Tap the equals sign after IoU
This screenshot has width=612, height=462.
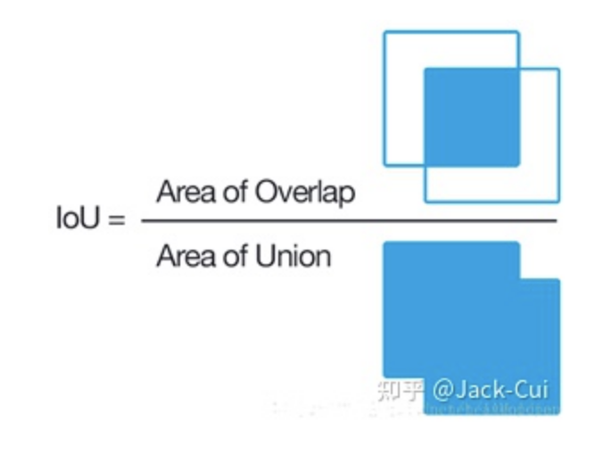(x=116, y=219)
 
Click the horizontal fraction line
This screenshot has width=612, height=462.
(x=348, y=220)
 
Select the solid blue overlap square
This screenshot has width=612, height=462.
(x=471, y=117)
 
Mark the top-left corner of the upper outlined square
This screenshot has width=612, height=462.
(x=385, y=32)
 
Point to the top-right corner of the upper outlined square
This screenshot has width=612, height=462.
(x=518, y=32)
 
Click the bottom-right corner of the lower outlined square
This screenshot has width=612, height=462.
(x=558, y=202)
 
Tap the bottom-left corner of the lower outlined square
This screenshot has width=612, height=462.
(x=425, y=202)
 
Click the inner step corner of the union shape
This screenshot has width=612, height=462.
(x=520, y=279)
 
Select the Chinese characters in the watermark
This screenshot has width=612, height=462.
(x=399, y=391)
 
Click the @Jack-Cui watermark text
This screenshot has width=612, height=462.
(x=491, y=391)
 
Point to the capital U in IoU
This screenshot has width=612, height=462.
(x=95, y=218)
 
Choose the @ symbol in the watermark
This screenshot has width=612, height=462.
(x=442, y=391)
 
